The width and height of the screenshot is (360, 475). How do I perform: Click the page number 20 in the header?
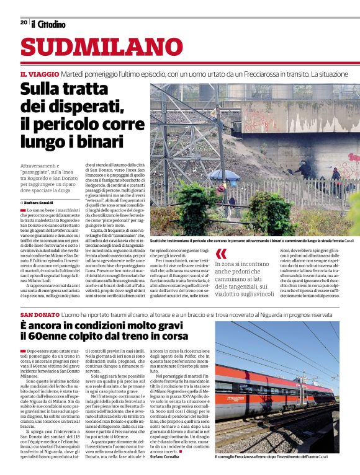click(24, 22)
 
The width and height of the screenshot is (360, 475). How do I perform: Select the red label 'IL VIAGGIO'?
click(38, 74)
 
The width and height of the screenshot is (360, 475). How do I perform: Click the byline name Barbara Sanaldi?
click(39, 203)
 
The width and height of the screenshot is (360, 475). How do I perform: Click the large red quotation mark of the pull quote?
click(220, 254)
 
